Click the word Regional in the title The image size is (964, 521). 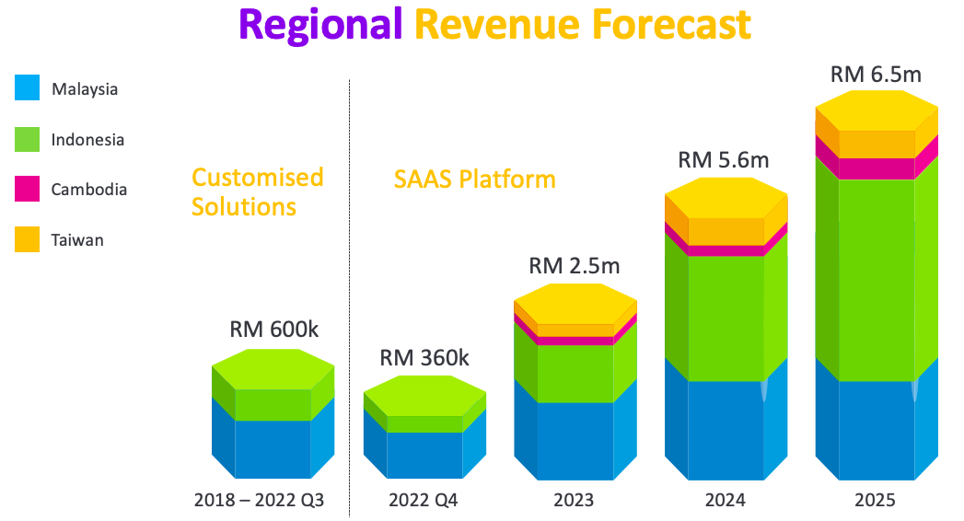pos(320,25)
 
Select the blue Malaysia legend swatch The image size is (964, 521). pos(27,87)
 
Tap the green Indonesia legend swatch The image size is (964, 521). pos(27,139)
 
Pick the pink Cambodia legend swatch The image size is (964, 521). pos(27,189)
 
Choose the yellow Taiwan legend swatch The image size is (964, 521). pos(27,239)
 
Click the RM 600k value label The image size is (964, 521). pos(274,330)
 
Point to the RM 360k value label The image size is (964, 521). pos(424,357)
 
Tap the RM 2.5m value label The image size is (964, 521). pos(575,265)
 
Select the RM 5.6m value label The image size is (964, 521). pos(724,160)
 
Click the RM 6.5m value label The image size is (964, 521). pos(877,75)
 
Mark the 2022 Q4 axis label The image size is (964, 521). pos(423,500)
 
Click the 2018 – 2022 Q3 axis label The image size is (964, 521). pos(259,500)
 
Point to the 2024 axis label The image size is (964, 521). pos(726,500)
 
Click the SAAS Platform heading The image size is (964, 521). pos(474,179)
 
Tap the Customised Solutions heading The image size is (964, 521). pos(258,191)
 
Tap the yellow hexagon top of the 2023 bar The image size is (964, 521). pos(575,304)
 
